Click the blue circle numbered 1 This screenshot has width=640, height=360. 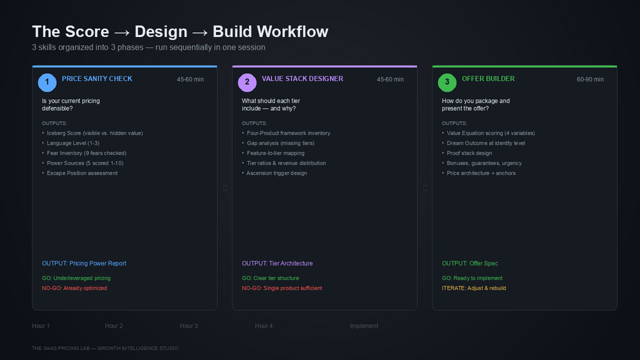(47, 82)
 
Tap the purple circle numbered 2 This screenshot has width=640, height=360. (247, 82)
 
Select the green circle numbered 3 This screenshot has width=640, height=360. (447, 82)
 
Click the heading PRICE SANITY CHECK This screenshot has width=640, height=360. (97, 79)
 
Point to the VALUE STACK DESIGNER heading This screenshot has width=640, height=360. (302, 79)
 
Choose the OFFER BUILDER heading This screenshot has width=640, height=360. (488, 79)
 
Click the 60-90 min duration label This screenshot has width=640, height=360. (590, 80)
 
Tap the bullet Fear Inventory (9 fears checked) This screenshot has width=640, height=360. (87, 154)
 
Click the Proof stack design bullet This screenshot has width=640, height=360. (469, 154)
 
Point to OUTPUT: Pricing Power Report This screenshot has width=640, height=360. (84, 264)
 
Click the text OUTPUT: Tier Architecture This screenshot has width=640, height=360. (277, 264)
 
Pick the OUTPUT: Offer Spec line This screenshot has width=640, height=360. (470, 264)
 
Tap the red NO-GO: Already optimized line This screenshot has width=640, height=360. (75, 289)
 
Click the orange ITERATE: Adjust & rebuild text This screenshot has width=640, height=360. (474, 289)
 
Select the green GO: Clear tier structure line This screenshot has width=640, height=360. (270, 278)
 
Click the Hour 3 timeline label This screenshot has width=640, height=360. (188, 326)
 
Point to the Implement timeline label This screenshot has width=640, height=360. (364, 326)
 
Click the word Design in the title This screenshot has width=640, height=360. (160, 32)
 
